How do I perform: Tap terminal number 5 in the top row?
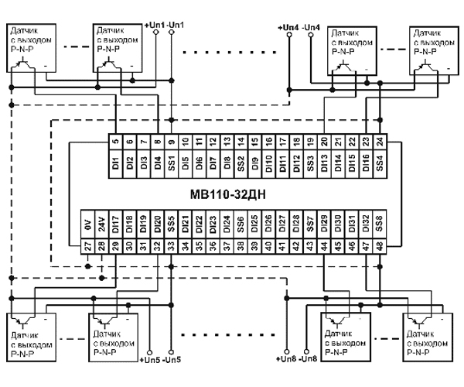115,142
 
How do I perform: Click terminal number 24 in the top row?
380,142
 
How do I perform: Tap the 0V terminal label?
87,225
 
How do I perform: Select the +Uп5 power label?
148,360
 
